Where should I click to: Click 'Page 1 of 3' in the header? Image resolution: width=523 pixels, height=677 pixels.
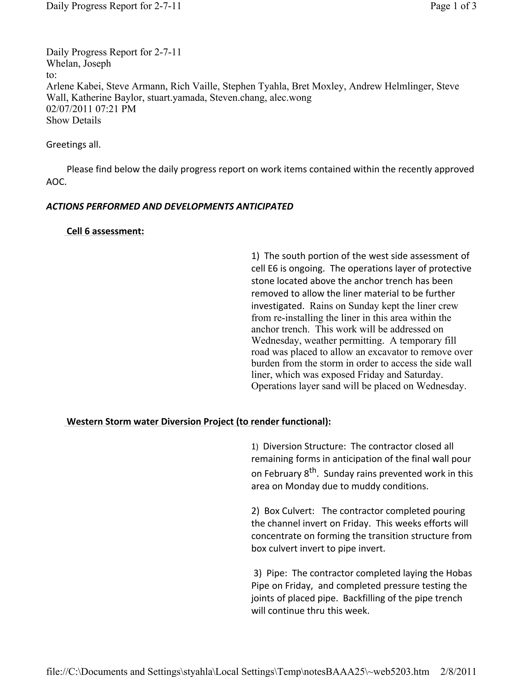coord(453,6)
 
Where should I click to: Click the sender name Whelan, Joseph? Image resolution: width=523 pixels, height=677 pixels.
coord(78,64)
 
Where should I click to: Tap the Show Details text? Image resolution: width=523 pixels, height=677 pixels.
coord(74,120)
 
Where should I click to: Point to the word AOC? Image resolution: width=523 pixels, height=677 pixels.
coord(56,182)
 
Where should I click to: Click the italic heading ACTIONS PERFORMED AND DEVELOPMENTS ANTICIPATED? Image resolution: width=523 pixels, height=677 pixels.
coord(170,206)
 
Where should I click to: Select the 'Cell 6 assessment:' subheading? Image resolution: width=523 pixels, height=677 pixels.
coord(105,231)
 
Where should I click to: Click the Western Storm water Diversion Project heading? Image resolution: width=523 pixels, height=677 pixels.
coord(199,422)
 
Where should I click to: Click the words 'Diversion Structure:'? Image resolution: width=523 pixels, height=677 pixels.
coord(304,446)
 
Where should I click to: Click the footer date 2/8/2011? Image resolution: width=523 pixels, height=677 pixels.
coord(458,671)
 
